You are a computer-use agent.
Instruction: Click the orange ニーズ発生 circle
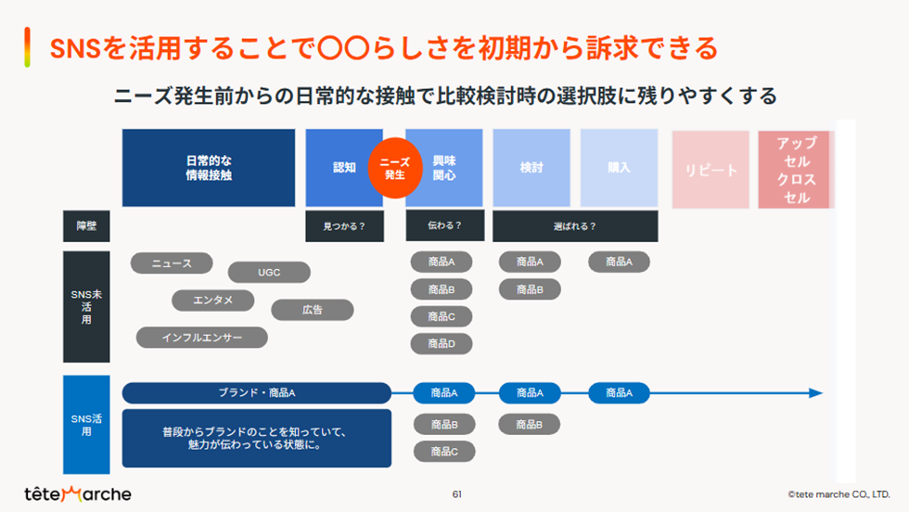[x=394, y=168]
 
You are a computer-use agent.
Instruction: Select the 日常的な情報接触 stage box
[x=209, y=167]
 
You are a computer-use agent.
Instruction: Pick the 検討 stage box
[x=531, y=168]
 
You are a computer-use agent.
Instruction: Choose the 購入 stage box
[x=619, y=168]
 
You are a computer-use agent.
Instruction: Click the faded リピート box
[x=711, y=170]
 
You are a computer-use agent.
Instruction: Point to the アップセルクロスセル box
[x=796, y=170]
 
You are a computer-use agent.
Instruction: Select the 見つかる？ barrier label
[x=344, y=226]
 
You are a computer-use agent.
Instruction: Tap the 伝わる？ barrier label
[x=444, y=225]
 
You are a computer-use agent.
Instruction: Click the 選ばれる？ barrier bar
[x=575, y=226]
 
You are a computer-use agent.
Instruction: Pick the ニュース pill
[x=172, y=263]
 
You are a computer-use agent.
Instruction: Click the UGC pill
[x=269, y=273]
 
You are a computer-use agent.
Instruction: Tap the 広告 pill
[x=312, y=310]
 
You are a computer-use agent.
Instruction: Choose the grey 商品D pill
[x=442, y=343]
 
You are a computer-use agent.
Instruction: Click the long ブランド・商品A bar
[x=257, y=393]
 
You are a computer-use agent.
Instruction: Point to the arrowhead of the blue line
[x=816, y=393]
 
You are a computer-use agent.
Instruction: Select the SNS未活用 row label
[x=86, y=306]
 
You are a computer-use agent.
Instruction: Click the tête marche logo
[x=78, y=493]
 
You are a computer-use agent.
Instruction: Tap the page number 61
[x=456, y=493]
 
